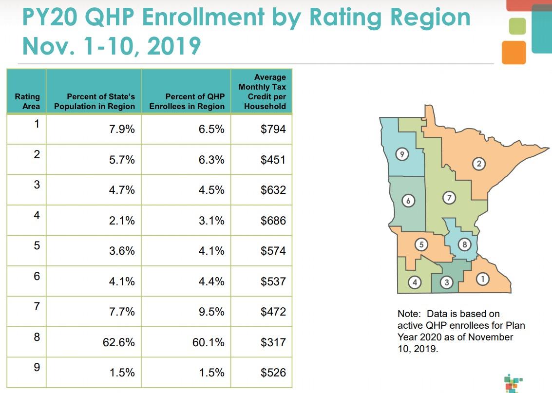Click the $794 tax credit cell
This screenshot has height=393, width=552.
(x=273, y=130)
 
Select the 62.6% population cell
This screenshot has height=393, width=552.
(x=118, y=342)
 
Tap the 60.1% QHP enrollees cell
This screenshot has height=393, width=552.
(x=209, y=342)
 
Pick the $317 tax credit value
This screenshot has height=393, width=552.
(x=273, y=342)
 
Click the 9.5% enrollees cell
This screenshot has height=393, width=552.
(x=211, y=312)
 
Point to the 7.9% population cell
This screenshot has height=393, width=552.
(x=122, y=130)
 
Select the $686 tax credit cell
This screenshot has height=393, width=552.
(x=273, y=221)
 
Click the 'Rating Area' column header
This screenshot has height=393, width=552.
(x=27, y=101)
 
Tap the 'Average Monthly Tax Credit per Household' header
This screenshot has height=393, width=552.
(x=262, y=92)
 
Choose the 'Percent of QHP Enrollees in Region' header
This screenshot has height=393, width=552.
(x=187, y=101)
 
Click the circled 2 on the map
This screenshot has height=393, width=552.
(x=479, y=164)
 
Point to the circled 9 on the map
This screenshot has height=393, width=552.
(x=401, y=154)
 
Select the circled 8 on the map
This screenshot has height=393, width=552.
(x=465, y=244)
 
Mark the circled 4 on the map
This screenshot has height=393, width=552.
(x=415, y=282)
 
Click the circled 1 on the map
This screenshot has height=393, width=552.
(x=482, y=279)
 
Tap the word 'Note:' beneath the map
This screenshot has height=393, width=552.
(x=410, y=314)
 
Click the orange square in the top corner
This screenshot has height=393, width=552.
(x=514, y=52)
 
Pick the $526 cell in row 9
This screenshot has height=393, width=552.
(x=273, y=373)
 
